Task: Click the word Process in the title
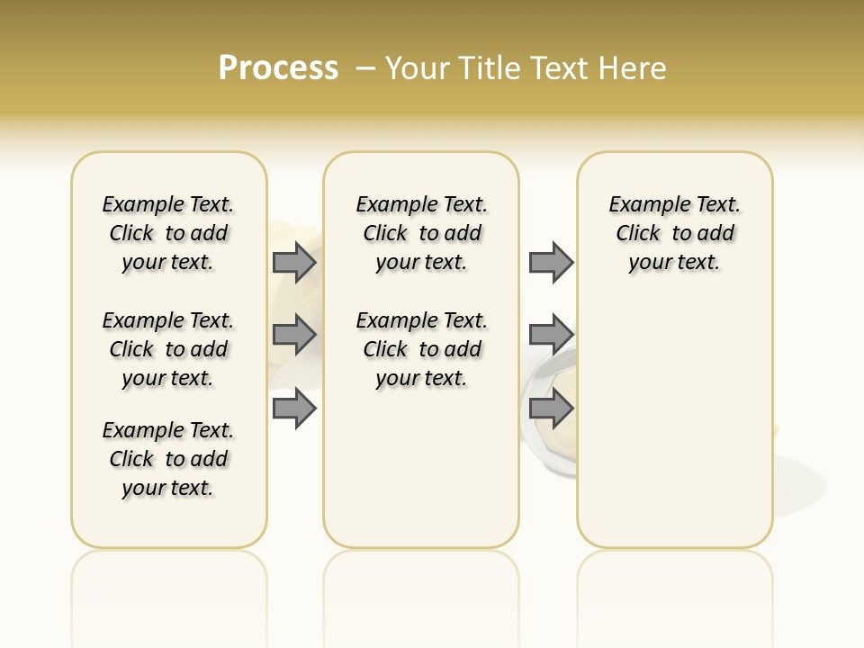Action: point(278,68)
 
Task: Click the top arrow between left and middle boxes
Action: point(294,263)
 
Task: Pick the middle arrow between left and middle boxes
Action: point(294,335)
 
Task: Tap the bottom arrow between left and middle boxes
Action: point(294,409)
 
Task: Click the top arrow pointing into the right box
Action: point(551,263)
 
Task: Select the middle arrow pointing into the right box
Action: point(551,335)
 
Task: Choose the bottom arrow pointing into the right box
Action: point(551,409)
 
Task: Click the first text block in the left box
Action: point(168,233)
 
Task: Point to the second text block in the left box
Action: point(168,349)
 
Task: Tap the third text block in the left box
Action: point(168,459)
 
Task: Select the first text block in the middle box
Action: point(421,233)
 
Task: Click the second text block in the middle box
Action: point(421,349)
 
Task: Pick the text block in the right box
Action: point(674,233)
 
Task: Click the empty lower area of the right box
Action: point(674,432)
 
